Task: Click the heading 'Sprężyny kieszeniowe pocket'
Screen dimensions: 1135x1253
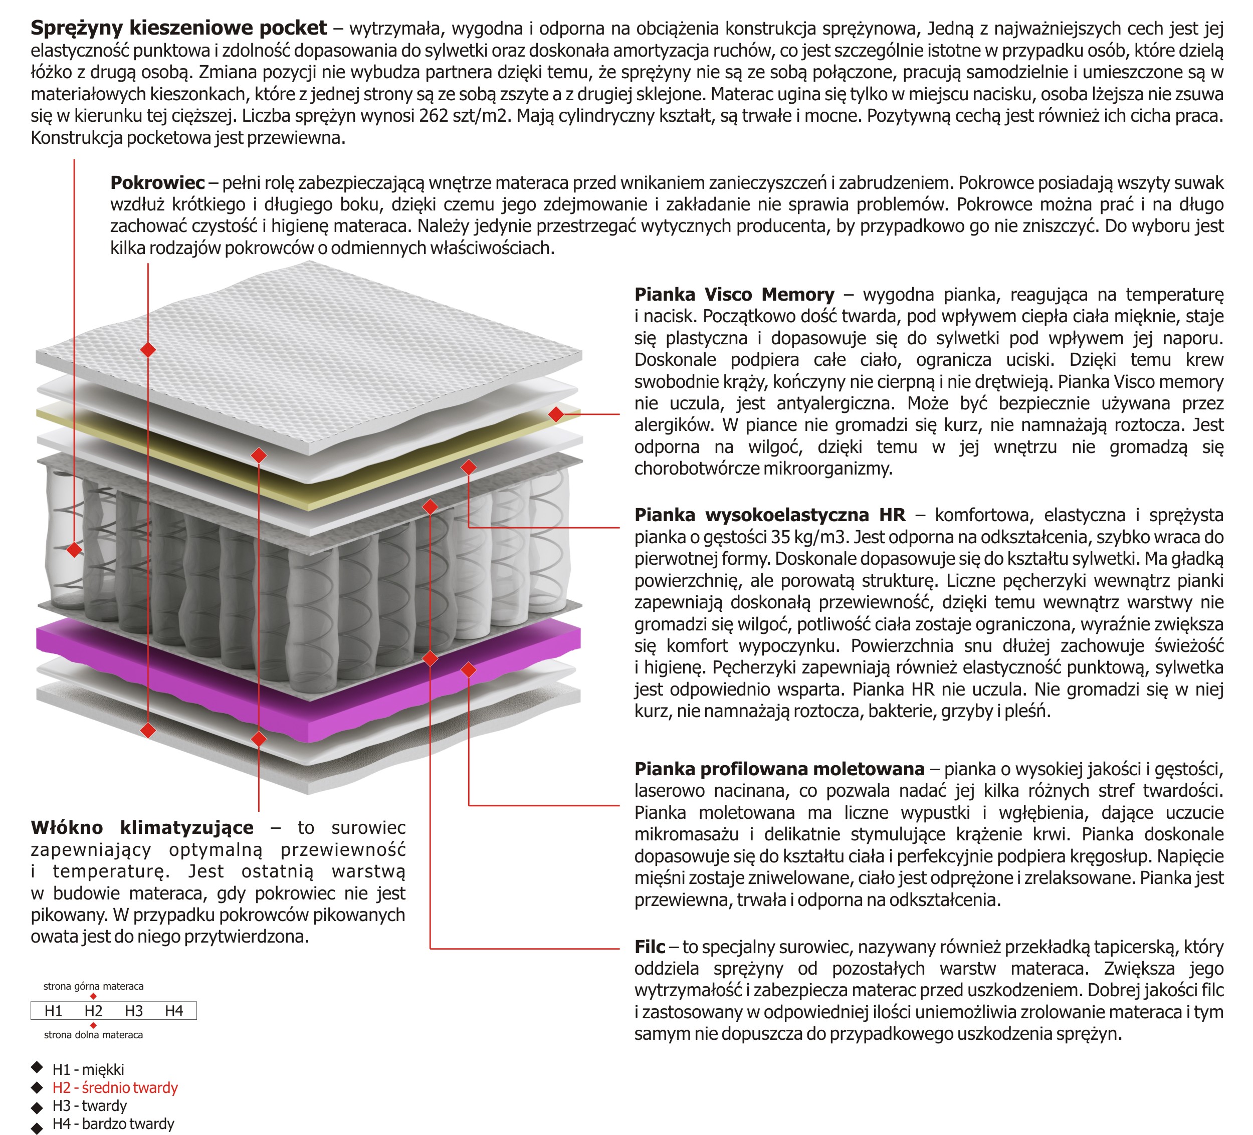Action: click(x=178, y=28)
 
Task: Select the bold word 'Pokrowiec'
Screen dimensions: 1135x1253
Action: click(x=157, y=183)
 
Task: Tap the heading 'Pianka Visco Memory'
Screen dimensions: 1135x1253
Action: click(x=734, y=294)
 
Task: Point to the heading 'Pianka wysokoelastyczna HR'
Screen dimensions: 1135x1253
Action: click(x=769, y=515)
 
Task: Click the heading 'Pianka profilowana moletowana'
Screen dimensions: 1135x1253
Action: click(x=779, y=769)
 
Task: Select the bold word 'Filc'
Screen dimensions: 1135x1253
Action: click(x=650, y=947)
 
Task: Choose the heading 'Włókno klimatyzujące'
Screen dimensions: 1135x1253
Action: click(x=142, y=827)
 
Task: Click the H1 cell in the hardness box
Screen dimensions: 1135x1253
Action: click(x=54, y=1011)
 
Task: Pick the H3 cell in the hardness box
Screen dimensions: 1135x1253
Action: click(x=134, y=1011)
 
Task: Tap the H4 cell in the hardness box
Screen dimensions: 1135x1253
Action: click(x=174, y=1011)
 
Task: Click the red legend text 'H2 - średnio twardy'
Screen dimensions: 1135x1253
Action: click(x=115, y=1087)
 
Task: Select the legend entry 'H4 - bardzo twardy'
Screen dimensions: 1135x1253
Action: click(x=113, y=1123)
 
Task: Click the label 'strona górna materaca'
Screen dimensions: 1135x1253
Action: click(x=93, y=986)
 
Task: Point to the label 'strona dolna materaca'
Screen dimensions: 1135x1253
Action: click(x=93, y=1034)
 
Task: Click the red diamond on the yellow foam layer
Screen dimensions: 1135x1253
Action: click(x=556, y=414)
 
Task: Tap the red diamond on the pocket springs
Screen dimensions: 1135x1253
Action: click(x=74, y=550)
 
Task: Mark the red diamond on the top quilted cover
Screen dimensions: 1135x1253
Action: click(x=148, y=350)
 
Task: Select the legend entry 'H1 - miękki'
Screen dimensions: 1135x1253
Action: click(x=88, y=1069)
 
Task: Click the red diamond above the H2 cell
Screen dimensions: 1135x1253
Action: click(x=93, y=996)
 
